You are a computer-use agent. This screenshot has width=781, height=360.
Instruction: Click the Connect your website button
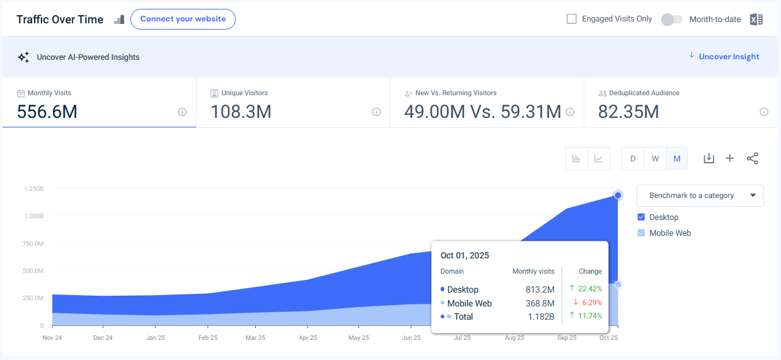click(x=183, y=19)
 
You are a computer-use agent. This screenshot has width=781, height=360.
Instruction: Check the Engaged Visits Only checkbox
click(x=572, y=19)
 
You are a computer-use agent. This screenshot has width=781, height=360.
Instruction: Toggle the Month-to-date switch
click(x=671, y=20)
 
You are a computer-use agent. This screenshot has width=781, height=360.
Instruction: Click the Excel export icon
click(x=756, y=20)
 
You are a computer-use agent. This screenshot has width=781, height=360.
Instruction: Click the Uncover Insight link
click(x=729, y=57)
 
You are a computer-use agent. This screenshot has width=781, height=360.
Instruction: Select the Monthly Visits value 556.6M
click(x=47, y=112)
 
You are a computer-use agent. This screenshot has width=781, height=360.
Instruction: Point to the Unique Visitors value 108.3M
click(x=241, y=112)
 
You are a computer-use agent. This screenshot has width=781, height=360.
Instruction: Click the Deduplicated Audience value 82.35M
click(x=628, y=112)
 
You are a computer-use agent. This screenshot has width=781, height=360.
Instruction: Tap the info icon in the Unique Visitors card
click(x=376, y=112)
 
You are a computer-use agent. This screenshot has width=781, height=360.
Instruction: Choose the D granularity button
click(x=633, y=159)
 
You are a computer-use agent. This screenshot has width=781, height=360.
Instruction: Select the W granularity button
click(x=655, y=159)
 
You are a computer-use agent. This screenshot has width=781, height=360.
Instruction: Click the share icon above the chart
click(x=752, y=158)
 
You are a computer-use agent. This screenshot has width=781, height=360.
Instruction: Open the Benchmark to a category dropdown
click(x=700, y=195)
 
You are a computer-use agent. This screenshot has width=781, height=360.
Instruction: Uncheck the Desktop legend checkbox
click(x=642, y=218)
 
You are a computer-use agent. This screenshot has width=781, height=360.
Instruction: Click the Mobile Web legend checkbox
click(x=642, y=233)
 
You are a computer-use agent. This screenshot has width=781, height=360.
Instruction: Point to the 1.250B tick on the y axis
click(x=34, y=189)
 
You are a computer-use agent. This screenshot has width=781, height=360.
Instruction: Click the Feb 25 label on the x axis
click(x=208, y=338)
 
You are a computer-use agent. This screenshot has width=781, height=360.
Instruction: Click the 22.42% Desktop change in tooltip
click(x=586, y=289)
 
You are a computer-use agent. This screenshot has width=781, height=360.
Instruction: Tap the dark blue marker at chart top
click(x=618, y=195)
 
